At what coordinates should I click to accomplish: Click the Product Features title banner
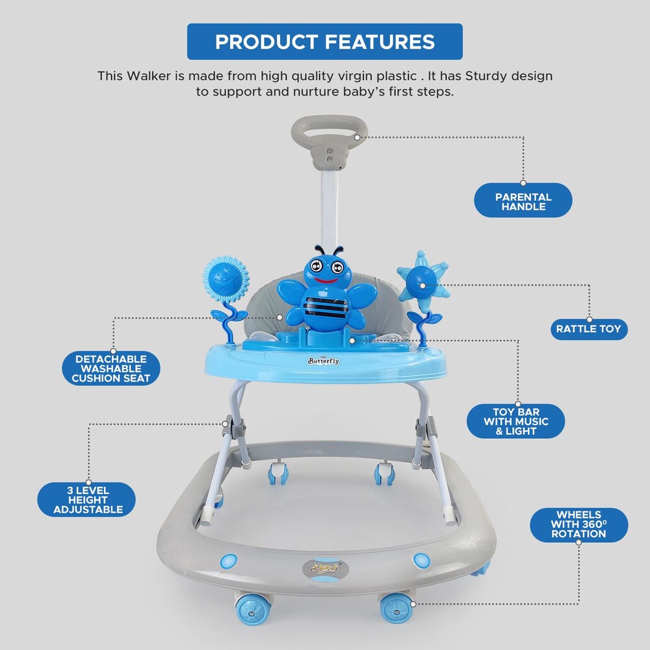click(324, 42)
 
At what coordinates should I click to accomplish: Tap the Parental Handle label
click(523, 201)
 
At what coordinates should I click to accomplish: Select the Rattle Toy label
click(588, 329)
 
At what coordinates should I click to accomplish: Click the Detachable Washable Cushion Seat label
click(112, 369)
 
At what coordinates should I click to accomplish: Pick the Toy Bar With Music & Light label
click(515, 421)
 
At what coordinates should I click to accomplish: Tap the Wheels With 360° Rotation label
click(578, 525)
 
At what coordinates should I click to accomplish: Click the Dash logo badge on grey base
click(326, 569)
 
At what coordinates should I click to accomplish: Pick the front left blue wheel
click(253, 610)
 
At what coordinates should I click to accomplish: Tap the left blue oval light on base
click(228, 560)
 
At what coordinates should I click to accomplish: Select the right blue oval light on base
click(422, 560)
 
